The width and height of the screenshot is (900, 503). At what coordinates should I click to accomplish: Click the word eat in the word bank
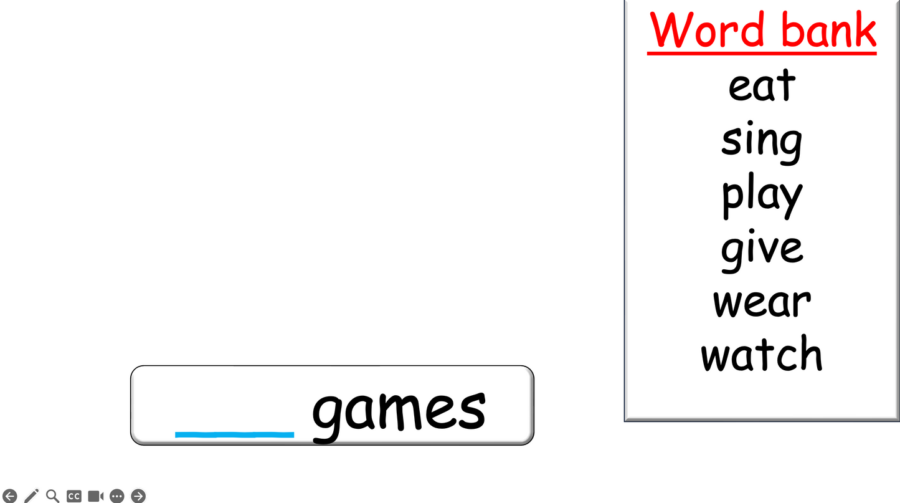pos(762,85)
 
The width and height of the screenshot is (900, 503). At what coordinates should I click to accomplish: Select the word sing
pos(762,143)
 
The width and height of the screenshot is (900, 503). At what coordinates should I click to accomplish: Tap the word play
pos(762,196)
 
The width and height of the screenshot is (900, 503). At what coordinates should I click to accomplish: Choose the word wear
pos(762,303)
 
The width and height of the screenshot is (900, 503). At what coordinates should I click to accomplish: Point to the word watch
pos(761,353)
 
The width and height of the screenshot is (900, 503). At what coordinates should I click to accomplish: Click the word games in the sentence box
pos(399,416)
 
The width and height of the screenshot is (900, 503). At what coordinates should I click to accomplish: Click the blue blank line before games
pos(235,434)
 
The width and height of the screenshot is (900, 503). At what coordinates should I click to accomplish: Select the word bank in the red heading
pos(829,28)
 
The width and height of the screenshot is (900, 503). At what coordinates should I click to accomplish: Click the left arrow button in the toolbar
pos(9,496)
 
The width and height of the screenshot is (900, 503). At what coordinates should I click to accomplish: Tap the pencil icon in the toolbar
pos(31,496)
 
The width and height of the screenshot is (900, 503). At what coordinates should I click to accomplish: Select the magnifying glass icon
pos(53,496)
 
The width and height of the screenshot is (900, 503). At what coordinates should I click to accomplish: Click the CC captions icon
pos(74,496)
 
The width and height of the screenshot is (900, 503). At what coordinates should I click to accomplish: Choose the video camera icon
pos(96,496)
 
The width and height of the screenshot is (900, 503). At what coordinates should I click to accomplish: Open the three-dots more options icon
pos(117,496)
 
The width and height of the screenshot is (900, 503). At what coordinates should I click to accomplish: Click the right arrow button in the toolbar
pos(138,496)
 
